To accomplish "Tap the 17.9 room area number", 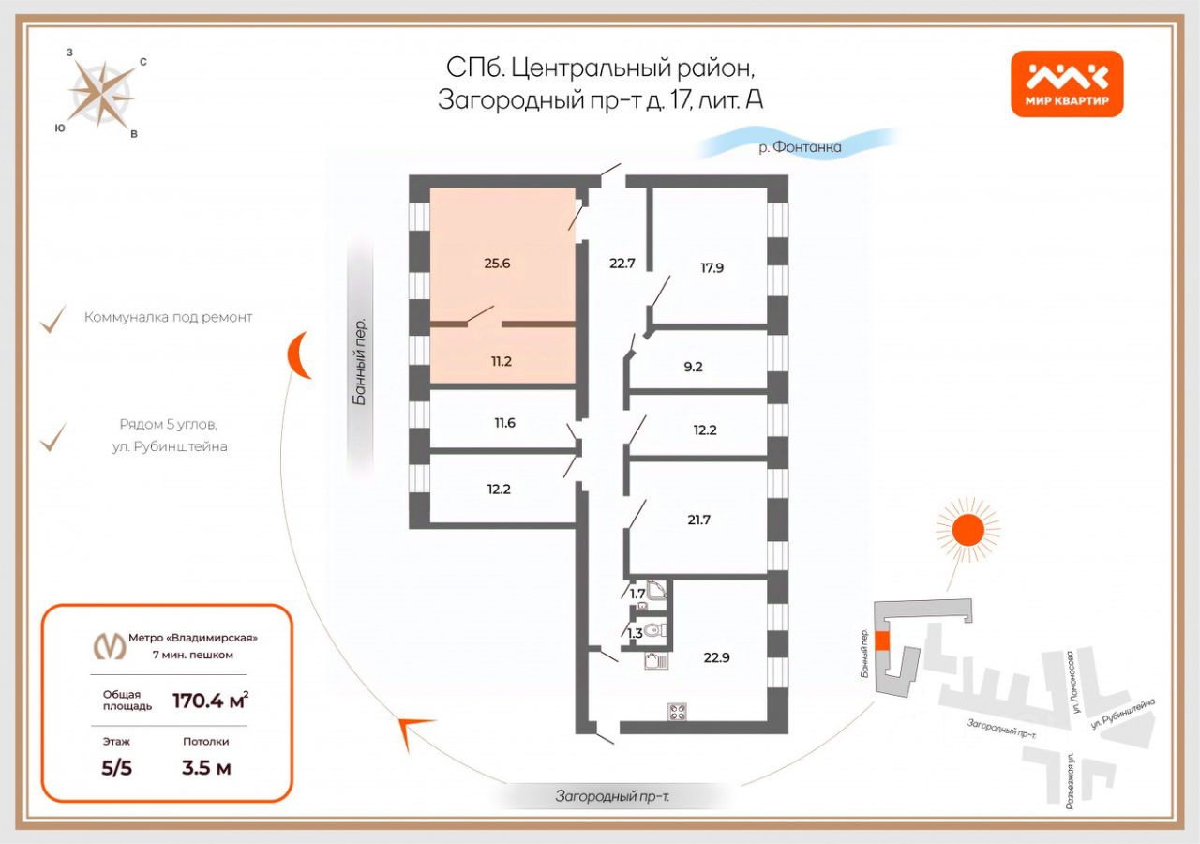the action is tap(712, 266).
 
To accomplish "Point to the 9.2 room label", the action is tap(693, 367).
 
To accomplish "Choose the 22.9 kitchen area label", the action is tap(716, 656).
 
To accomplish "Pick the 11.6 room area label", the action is tap(504, 423).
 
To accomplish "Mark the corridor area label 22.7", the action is tap(622, 264).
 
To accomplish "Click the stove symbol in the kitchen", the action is tap(678, 711).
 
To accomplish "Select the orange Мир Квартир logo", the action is tap(1067, 83).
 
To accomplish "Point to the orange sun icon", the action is tap(967, 530).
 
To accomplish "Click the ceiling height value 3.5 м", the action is tap(206, 769).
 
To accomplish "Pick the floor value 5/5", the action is tap(117, 769).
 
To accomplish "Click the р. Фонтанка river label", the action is tap(800, 147).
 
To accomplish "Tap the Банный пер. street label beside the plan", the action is tap(359, 364).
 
